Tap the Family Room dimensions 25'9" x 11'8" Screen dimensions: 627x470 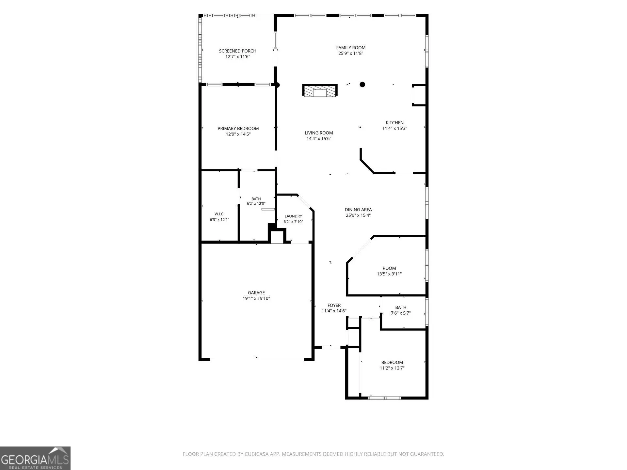click(351, 53)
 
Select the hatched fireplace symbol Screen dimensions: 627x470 click(320, 90)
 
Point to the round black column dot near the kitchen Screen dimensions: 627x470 click(362, 85)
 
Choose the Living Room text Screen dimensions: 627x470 click(319, 133)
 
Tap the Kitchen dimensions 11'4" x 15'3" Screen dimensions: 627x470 click(394, 129)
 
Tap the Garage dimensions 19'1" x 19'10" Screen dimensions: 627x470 click(256, 298)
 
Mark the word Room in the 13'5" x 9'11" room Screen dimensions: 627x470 click(389, 268)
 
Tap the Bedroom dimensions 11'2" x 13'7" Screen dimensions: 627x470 click(392, 368)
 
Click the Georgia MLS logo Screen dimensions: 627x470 click(35, 458)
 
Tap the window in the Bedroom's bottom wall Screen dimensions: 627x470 click(385, 398)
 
